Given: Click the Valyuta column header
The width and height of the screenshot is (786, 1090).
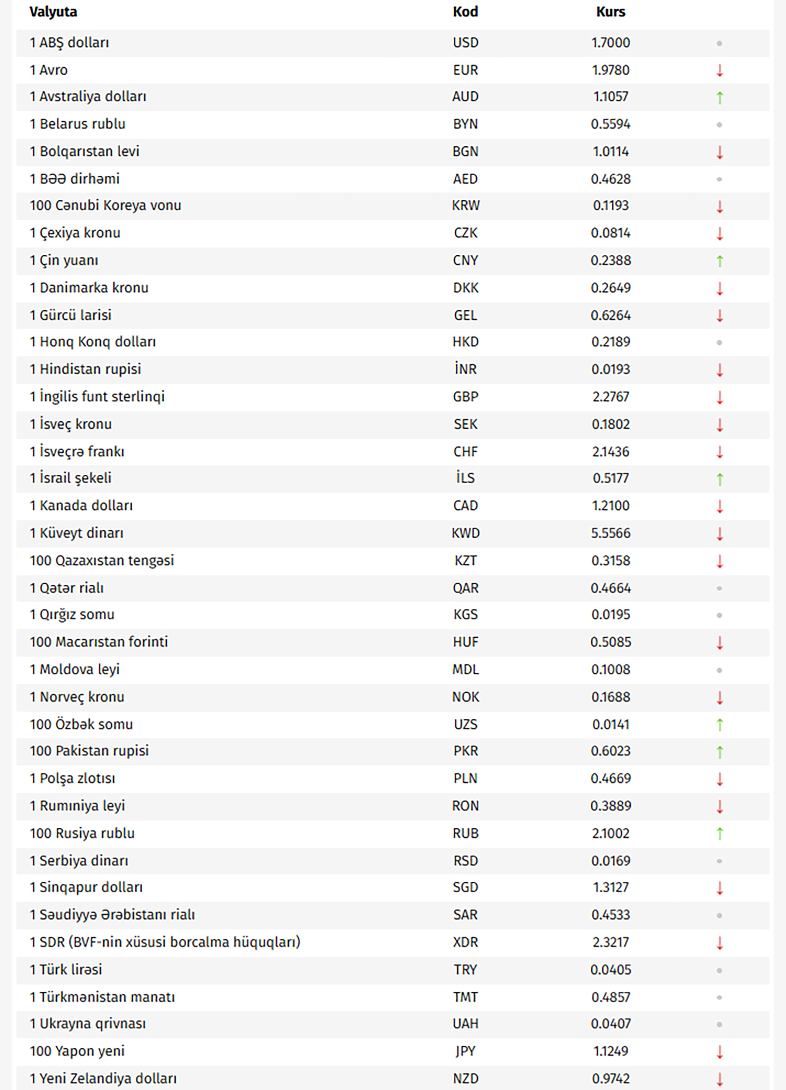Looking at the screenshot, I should pos(54,12).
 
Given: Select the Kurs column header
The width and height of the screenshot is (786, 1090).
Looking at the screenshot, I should pos(611,12).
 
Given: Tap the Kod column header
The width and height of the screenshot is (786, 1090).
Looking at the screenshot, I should pos(465,12).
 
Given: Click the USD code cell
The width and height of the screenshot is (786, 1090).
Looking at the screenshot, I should pos(465,43).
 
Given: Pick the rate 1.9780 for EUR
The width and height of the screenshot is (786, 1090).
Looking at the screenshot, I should pos(611,70).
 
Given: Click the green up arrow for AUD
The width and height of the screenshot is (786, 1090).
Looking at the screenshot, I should pos(719,97).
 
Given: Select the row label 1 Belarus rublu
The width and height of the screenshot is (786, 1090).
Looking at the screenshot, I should pos(77,124).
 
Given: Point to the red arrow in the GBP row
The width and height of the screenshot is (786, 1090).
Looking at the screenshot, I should pos(719,397).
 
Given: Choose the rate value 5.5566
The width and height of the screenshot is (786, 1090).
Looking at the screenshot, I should pos(611,533).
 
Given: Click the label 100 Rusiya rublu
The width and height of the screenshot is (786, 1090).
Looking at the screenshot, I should pos(82,833).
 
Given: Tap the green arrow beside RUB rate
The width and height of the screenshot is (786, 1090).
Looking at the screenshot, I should pos(719,833).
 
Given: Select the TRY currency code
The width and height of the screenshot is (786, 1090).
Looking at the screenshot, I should pos(465,970).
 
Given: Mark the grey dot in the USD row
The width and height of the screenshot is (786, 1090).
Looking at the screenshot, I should pos(719,43).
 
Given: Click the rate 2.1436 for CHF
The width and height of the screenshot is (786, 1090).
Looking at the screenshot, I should pos(611,452).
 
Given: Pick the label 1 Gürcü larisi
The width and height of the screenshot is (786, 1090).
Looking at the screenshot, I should pos(71,315).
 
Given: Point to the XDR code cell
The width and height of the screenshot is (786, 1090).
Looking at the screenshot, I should pos(465,942).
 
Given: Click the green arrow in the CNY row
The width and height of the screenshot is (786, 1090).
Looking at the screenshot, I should pos(719,261).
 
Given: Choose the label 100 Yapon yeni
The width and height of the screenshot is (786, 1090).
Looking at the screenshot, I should pos(77,1051).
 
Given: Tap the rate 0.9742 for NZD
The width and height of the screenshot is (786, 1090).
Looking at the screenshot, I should pos(611,1078).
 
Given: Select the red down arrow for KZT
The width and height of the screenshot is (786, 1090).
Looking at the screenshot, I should pos(719,561).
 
